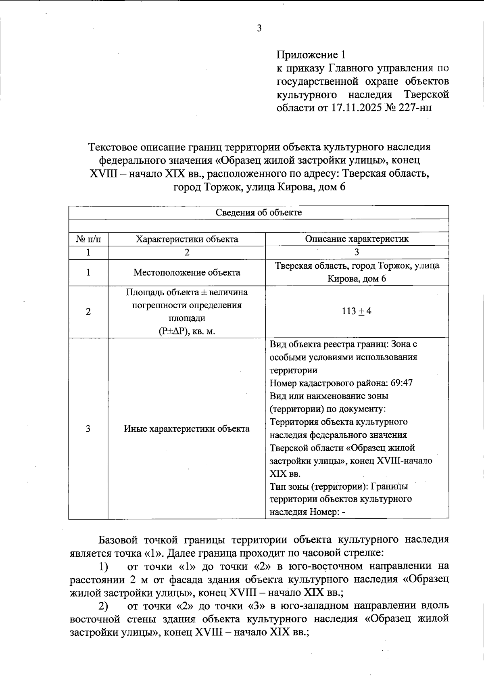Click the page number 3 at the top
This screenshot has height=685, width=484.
click(259, 28)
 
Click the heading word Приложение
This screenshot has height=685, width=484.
click(307, 54)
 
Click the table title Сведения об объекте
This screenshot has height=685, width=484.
click(259, 213)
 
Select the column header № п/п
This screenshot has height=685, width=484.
click(88, 239)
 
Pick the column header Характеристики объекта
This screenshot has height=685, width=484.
click(187, 239)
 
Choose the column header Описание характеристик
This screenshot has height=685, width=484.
click(357, 239)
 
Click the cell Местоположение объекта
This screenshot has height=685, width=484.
click(187, 273)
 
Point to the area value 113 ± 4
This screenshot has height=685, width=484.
click(357, 311)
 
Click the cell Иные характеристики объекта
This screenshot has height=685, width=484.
click(187, 428)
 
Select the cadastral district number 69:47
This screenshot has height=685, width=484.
click(399, 383)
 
